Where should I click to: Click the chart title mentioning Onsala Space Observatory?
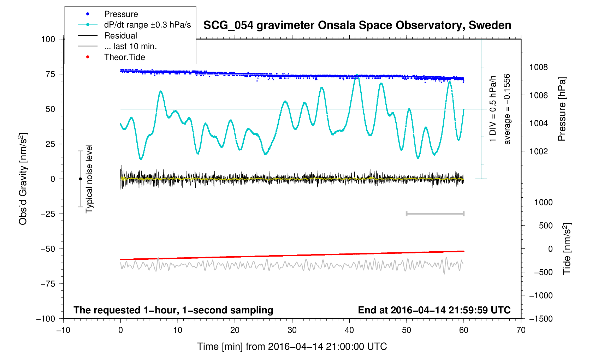pos(357,25)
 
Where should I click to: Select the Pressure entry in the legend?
pos(121,14)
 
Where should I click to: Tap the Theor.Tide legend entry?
pos(124,57)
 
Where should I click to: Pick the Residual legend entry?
pos(120,36)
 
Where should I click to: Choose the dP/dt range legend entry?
pos(147,25)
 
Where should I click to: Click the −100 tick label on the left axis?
pos(46,319)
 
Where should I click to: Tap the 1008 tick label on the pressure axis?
pos(538,67)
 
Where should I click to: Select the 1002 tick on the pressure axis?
pos(538,151)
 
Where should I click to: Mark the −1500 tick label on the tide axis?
pos(540,319)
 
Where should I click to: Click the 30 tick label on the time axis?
pos(292,330)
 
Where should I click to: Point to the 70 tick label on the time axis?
pos(521,330)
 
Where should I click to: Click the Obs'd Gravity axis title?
pos(23,179)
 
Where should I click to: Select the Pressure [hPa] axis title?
pos(562,109)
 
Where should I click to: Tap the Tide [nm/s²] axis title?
pos(567,248)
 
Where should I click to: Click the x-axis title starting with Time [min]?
pos(292,347)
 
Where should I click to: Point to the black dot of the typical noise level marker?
pos(80,179)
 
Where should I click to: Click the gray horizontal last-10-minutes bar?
pos(435,214)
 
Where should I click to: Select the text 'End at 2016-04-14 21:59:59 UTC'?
pos(434,310)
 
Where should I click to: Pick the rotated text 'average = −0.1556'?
pos(507,109)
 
